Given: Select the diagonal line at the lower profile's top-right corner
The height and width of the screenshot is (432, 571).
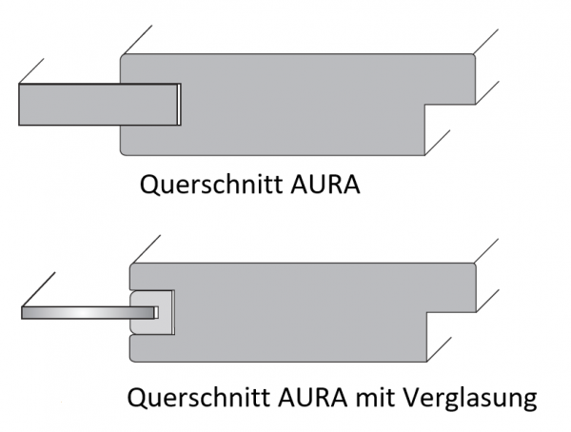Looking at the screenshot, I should pyautogui.click(x=487, y=249).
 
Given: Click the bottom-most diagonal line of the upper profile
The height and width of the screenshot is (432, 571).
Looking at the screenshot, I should pyautogui.click(x=441, y=140).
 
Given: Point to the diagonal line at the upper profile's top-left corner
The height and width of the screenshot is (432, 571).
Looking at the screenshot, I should pyautogui.click(x=133, y=39).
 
